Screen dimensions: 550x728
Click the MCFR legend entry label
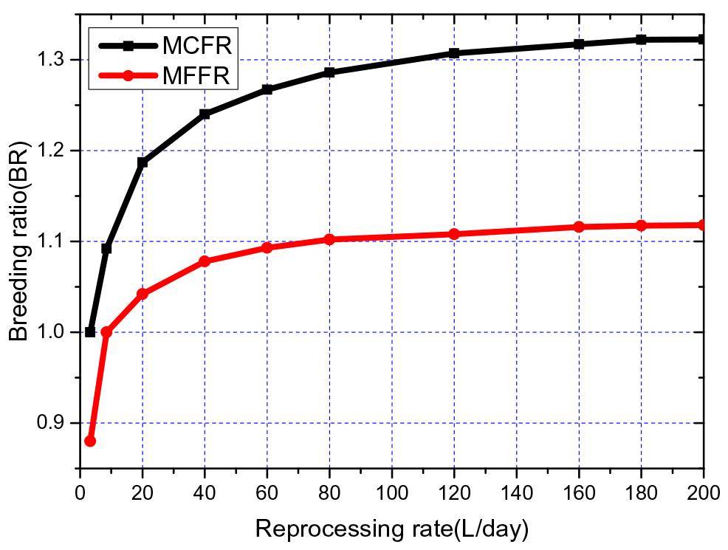coord(197,45)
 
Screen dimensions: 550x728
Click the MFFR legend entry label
coord(197,75)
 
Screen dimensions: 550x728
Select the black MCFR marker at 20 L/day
coord(142,162)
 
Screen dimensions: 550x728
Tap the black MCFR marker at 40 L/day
coord(205,114)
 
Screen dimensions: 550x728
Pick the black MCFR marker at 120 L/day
coord(454,53)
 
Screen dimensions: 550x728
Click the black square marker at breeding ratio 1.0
coord(90,332)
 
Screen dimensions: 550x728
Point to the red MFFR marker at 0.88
coord(90,441)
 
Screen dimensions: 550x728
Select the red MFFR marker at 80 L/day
coord(329,239)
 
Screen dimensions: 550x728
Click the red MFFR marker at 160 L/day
coord(579,227)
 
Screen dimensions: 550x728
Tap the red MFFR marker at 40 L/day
coord(205,261)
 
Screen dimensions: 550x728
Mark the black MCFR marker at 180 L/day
coord(641,39)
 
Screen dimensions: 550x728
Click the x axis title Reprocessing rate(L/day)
coord(391,529)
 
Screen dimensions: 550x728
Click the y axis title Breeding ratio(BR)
coord(19,241)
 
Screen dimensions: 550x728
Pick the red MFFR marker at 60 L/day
coord(267,247)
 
